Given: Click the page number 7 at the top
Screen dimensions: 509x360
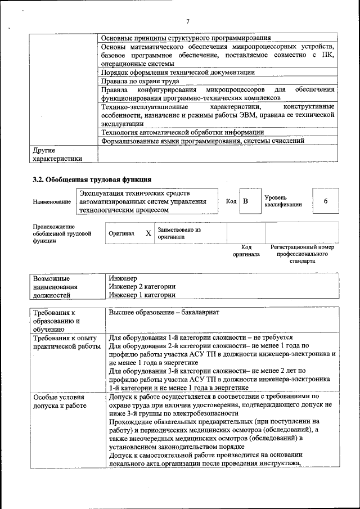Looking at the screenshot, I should click(x=188, y=21).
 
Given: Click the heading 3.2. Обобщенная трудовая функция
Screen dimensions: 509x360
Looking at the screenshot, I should click(x=92, y=180).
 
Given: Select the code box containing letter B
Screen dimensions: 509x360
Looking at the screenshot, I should click(x=245, y=201).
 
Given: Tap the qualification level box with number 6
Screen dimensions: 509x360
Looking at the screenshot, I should click(x=325, y=201).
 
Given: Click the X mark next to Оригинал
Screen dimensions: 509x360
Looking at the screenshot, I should click(x=148, y=233).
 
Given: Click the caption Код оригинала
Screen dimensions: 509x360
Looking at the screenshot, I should click(x=246, y=251).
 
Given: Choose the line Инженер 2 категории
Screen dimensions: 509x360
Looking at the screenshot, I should click(x=142, y=286).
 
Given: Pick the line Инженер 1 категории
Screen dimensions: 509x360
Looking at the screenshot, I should click(x=142, y=295).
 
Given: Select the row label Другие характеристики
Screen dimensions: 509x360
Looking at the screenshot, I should click(x=57, y=155).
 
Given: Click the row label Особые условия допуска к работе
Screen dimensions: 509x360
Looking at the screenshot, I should click(x=60, y=401).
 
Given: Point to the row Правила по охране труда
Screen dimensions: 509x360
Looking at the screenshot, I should click(x=139, y=81).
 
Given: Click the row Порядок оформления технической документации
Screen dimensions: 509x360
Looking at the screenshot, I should click(x=178, y=73).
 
